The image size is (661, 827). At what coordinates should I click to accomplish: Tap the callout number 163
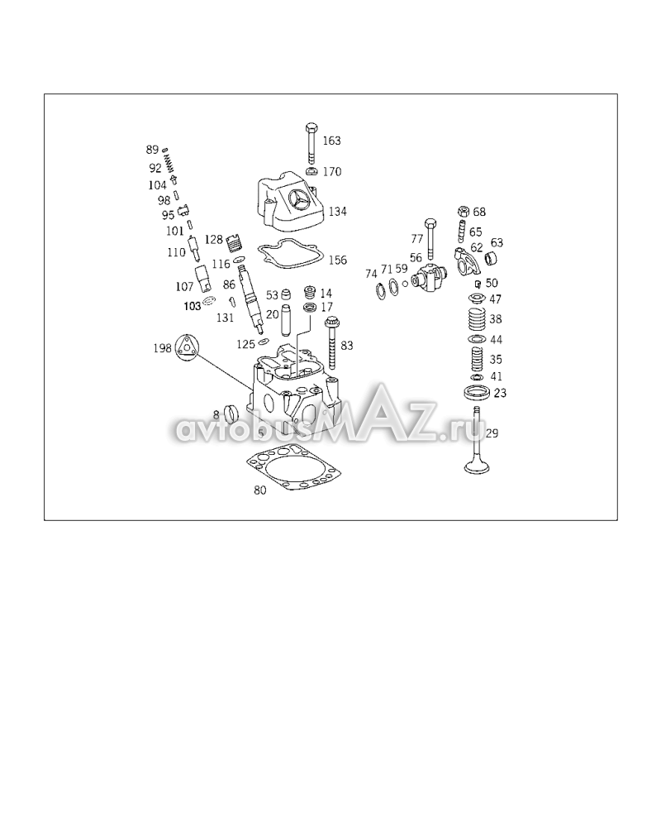[331, 141]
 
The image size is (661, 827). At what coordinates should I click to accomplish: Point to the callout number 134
[337, 212]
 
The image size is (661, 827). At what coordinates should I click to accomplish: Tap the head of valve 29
[478, 466]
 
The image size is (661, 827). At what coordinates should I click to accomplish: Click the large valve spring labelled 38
[478, 319]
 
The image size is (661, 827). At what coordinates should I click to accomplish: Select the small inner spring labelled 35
[478, 360]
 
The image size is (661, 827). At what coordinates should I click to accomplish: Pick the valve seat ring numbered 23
[478, 392]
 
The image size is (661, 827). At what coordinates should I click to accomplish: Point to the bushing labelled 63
[492, 259]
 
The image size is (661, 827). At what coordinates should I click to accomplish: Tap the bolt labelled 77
[430, 238]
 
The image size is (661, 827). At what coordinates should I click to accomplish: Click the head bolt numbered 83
[332, 343]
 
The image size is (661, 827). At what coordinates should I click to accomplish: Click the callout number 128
[213, 240]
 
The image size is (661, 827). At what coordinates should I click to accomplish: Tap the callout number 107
[184, 286]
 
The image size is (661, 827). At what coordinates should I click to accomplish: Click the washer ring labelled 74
[379, 290]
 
